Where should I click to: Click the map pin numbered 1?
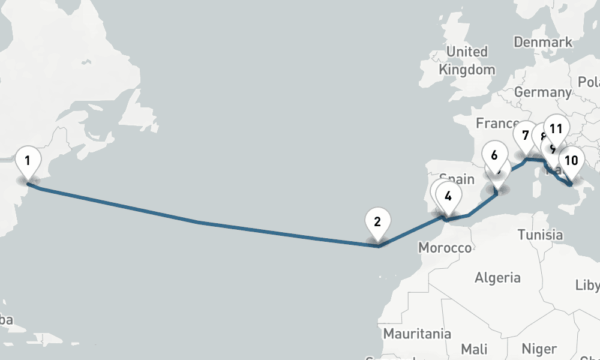click(x=28, y=160)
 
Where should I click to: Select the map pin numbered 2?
click(x=377, y=221)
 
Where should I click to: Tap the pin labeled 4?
click(x=448, y=195)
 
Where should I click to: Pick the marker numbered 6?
click(x=494, y=155)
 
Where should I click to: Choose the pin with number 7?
click(x=526, y=135)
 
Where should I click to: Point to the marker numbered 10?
click(x=571, y=160)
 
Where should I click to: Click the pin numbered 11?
click(x=556, y=128)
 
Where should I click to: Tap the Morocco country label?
click(x=445, y=248)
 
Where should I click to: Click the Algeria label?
click(x=497, y=278)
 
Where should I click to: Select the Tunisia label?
click(x=540, y=235)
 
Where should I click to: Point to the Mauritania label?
click(x=417, y=333)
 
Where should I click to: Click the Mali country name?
click(x=475, y=349)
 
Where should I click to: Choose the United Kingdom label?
click(x=467, y=61)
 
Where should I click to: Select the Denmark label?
click(x=543, y=43)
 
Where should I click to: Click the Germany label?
click(x=542, y=92)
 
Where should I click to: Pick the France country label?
click(x=497, y=123)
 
